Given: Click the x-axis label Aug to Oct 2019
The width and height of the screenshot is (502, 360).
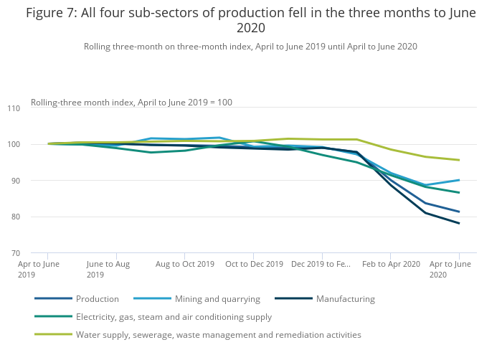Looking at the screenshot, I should (184, 264).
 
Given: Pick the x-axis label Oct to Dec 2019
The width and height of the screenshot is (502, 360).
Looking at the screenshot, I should (253, 264).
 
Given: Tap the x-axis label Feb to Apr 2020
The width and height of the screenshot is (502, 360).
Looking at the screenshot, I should (391, 264).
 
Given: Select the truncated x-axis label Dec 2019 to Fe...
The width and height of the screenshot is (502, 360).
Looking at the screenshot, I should (321, 264).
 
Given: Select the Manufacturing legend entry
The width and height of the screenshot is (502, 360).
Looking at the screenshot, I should (345, 298).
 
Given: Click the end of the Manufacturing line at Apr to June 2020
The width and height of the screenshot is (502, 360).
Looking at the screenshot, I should (459, 223).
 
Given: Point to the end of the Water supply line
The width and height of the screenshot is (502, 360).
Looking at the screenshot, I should (459, 160).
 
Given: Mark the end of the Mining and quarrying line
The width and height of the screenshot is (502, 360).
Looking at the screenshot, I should (459, 180).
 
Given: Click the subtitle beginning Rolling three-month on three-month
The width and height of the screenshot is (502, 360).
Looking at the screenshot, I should (250, 47).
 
